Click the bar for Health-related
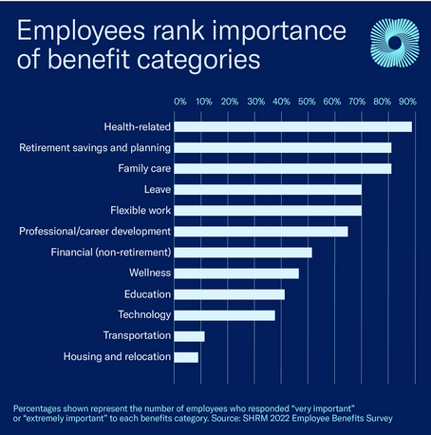pos(293,126)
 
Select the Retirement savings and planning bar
pos(283,147)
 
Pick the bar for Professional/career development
pos(261,231)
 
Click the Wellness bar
pos(237,273)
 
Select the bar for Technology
pos(225,314)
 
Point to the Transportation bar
pos(190,336)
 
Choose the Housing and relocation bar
pos(187,357)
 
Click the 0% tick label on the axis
pos(179,101)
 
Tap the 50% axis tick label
pos(306,101)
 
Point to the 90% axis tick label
pos(407,101)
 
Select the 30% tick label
pos(255,101)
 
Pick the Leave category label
pos(158,189)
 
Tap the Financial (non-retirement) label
pos(110,252)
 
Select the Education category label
pos(147,293)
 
